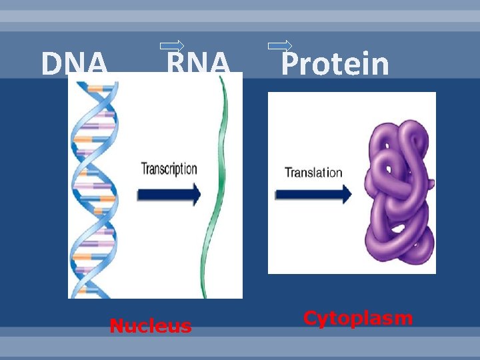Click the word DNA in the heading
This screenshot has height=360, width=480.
click(74, 65)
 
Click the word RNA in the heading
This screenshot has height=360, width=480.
click(198, 65)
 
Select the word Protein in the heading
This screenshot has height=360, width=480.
click(335, 65)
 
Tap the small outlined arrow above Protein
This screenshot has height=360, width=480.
click(279, 46)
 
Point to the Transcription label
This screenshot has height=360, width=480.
click(169, 168)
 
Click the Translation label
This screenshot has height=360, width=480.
click(313, 173)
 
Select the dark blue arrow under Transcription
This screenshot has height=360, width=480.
click(169, 194)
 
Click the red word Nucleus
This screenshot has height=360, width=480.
click(151, 326)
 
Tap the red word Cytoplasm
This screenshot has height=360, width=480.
click(358, 318)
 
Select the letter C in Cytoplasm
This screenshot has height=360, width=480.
click(311, 318)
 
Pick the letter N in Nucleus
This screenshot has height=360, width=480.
click(117, 326)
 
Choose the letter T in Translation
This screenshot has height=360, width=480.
click(289, 172)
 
